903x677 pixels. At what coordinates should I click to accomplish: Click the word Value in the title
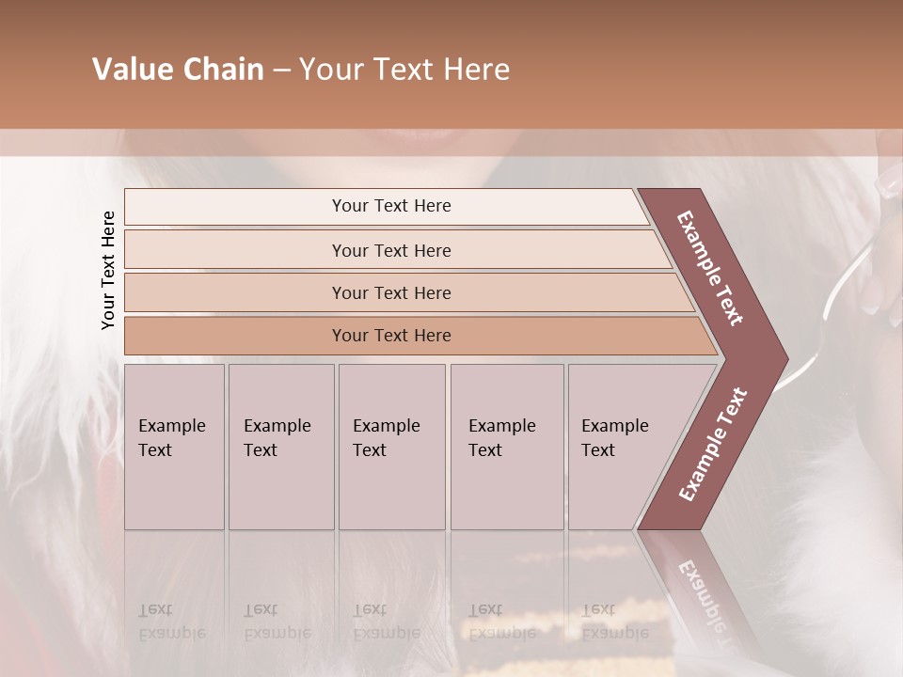130,70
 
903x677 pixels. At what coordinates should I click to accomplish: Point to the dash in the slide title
281,71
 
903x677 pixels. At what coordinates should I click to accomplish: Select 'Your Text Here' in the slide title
404,70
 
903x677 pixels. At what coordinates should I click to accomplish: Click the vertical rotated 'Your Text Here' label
108,270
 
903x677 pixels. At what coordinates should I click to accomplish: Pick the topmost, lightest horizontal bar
390,206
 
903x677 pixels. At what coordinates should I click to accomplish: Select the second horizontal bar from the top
390,250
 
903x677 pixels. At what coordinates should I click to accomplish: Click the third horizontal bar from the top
390,292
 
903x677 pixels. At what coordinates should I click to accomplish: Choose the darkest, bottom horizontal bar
390,336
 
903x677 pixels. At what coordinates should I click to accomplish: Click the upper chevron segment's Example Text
710,268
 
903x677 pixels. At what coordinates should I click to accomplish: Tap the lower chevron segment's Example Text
712,444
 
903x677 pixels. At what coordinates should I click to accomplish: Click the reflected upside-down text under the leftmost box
171,622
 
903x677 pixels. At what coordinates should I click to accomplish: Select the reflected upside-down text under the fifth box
614,622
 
